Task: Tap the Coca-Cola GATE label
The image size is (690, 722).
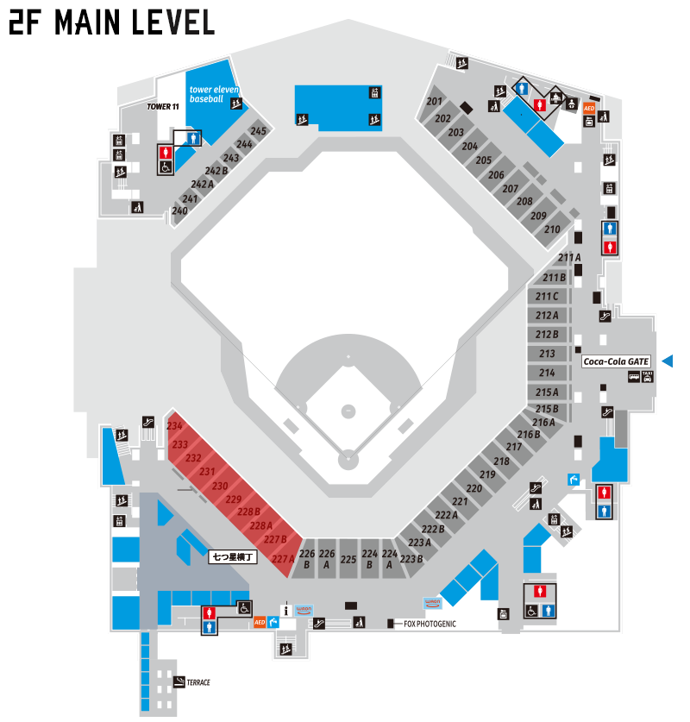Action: (616, 361)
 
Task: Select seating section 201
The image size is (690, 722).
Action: (434, 103)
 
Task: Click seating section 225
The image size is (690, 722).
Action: (348, 559)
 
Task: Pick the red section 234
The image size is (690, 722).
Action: (174, 427)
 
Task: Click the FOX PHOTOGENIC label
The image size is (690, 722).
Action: (430, 623)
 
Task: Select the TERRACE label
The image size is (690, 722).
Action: (198, 682)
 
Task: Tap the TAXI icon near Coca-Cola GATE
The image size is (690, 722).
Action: (648, 376)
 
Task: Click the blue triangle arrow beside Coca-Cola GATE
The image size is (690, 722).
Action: (667, 361)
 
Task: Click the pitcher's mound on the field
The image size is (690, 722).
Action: (348, 411)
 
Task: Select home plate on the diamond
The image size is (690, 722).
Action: (348, 460)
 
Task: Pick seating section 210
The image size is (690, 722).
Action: (553, 229)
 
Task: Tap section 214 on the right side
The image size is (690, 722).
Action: (547, 373)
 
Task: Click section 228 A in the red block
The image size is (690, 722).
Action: (260, 525)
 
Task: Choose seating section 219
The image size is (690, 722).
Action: (487, 475)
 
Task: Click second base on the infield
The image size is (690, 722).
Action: (348, 355)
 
